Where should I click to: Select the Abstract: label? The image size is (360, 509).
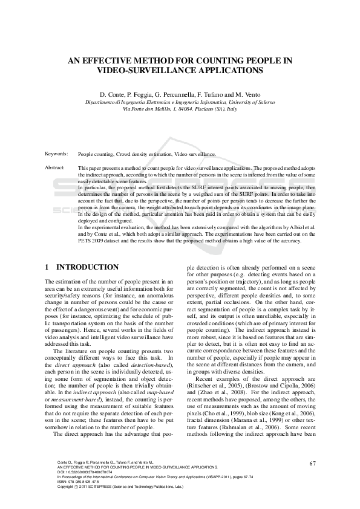coord(56,167)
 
